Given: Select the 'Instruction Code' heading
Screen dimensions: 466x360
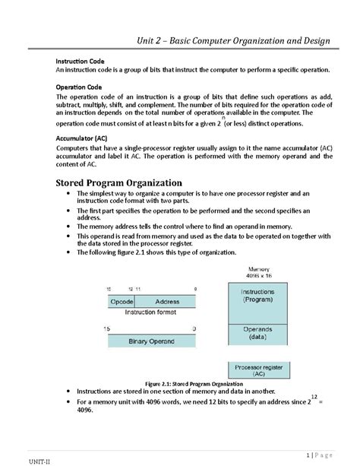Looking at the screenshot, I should [82, 60].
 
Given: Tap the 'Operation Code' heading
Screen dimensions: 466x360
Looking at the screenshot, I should [81, 87].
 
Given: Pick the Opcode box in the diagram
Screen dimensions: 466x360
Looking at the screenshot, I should [122, 302].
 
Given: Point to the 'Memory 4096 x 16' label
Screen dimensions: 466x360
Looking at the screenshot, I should [258, 273].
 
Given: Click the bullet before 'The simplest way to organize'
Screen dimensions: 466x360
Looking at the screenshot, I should [69, 195].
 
